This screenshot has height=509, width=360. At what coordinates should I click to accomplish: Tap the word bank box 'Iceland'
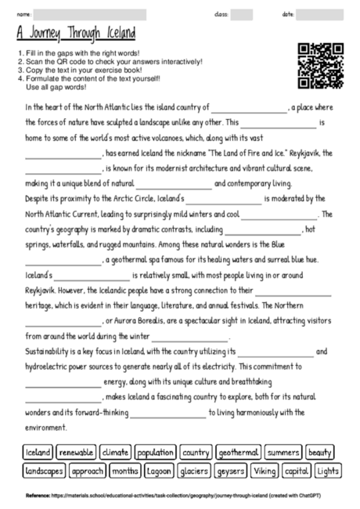[38, 453]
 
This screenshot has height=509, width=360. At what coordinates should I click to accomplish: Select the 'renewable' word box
[76, 453]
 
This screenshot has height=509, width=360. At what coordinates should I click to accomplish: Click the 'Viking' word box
[264, 471]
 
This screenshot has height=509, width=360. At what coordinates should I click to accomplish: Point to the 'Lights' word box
[327, 471]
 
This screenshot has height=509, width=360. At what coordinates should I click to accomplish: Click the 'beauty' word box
[320, 453]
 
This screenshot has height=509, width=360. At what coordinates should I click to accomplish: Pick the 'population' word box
[154, 453]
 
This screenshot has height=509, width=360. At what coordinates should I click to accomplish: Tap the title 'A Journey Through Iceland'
[76, 34]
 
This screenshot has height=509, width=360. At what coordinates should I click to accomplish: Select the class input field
[241, 14]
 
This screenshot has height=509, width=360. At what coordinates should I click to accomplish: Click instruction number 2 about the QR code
[110, 61]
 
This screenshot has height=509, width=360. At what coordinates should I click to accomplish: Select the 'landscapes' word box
[44, 471]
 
